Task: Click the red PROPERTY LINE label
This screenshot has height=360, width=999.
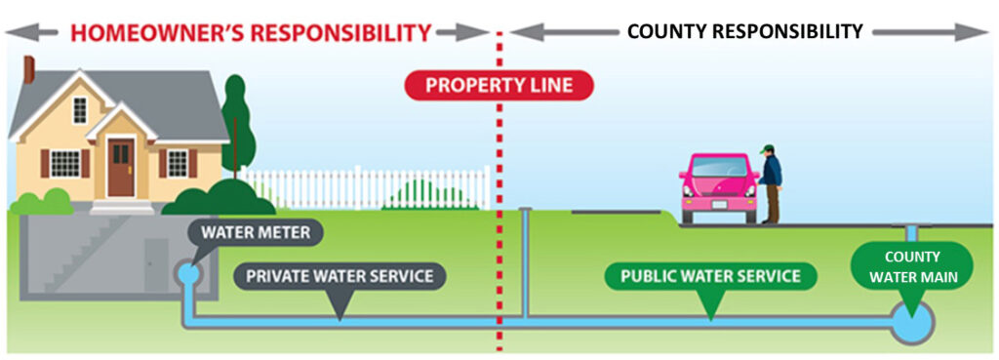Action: (499, 86)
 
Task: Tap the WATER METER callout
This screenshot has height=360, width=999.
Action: (255, 233)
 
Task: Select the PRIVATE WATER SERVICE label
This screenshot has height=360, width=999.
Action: (340, 276)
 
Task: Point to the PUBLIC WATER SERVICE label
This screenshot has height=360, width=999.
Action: (710, 276)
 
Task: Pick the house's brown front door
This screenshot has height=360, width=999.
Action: (120, 168)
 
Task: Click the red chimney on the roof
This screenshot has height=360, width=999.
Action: (29, 69)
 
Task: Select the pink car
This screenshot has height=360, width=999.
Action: (719, 187)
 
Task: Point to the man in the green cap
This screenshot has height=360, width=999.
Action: (770, 183)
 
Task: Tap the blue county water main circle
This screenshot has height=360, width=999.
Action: (911, 322)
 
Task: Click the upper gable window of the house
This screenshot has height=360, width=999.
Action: (80, 110)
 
